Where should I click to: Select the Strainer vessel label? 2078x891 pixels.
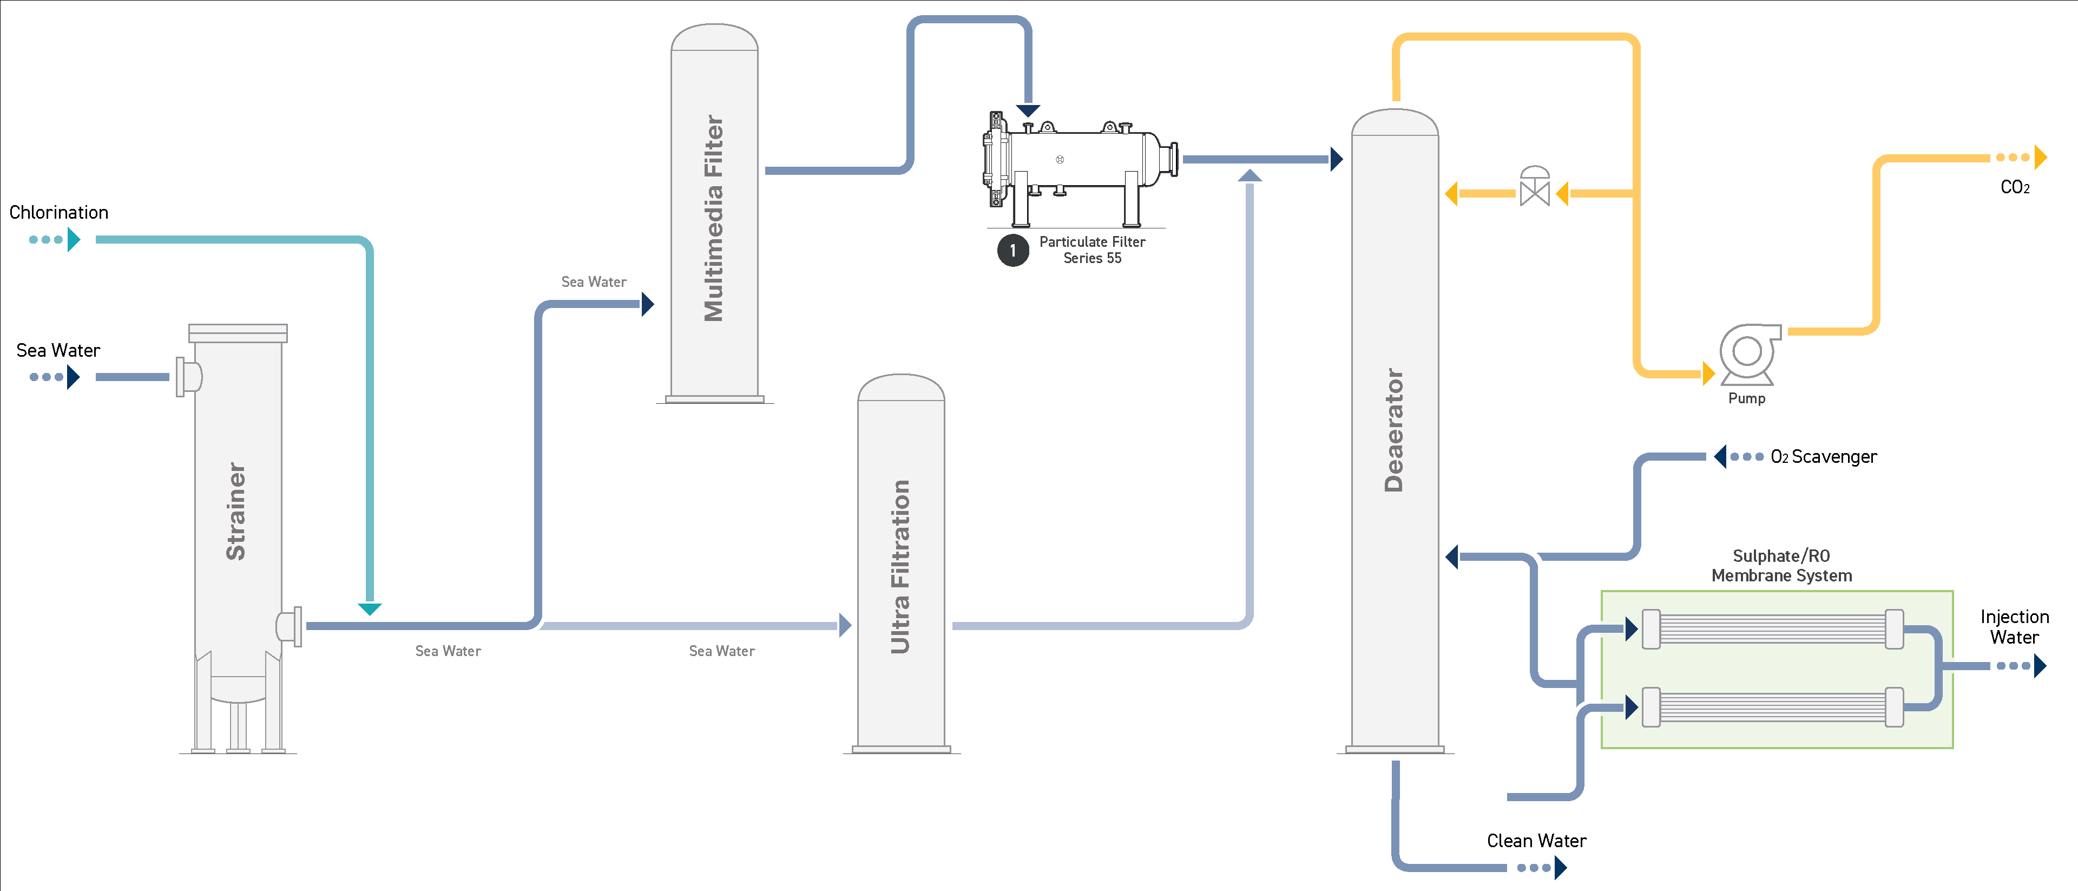tap(235, 511)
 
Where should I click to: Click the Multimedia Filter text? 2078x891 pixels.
tap(714, 218)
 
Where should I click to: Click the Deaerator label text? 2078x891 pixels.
tap(1394, 430)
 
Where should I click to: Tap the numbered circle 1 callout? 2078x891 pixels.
tap(1013, 250)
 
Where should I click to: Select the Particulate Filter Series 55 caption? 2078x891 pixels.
tap(1092, 250)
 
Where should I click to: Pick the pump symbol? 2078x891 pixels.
tap(1747, 353)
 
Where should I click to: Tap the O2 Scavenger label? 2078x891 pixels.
tap(1823, 457)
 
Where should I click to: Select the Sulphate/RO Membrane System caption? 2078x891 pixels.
tap(1781, 565)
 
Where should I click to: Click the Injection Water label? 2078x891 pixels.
tap(2014, 627)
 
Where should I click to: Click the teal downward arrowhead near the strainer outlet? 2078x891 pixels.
tap(370, 608)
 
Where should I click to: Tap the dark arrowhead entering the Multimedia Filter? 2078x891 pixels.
tap(648, 304)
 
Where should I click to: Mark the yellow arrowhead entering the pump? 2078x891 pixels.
tap(1708, 374)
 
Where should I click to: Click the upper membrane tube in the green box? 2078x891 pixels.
tap(1772, 628)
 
